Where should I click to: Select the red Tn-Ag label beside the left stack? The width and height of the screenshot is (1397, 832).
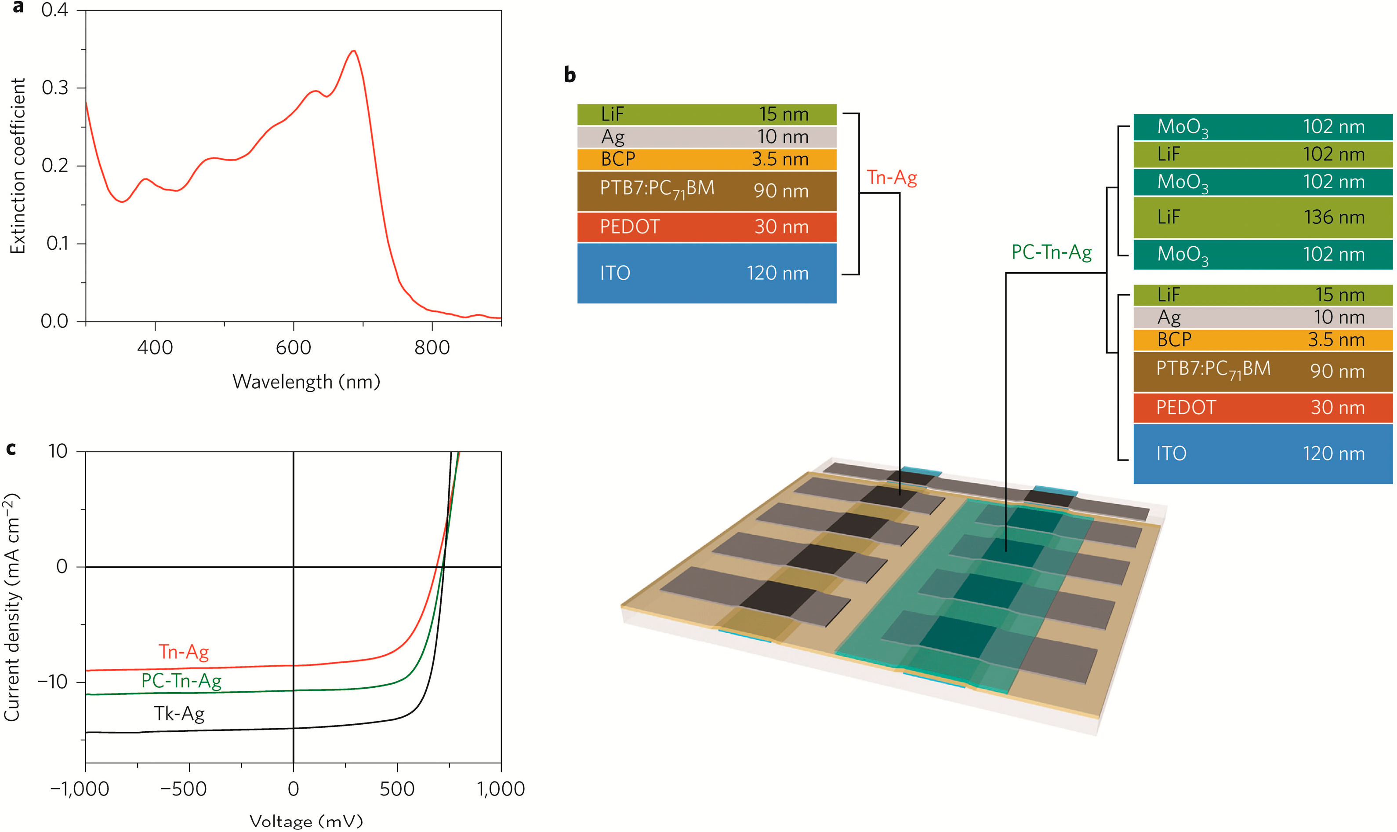click(x=891, y=178)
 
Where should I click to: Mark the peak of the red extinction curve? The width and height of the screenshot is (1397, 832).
click(x=353, y=51)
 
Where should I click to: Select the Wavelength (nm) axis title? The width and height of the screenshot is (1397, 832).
click(x=306, y=382)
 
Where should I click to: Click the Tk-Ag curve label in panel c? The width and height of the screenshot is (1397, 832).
click(x=179, y=714)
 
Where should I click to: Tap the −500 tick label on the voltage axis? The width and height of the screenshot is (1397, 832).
click(x=183, y=789)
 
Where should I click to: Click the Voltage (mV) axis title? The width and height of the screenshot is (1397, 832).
click(x=306, y=821)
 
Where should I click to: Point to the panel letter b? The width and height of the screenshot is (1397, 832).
click(x=570, y=75)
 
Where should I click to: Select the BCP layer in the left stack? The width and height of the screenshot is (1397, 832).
click(x=706, y=159)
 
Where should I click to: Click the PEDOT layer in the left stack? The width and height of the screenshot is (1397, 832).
click(x=706, y=226)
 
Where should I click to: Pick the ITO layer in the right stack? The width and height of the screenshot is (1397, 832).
click(x=1262, y=453)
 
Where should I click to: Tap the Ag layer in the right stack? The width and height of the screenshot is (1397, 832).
click(x=1262, y=317)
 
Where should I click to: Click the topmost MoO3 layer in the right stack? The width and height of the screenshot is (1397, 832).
click(x=1262, y=127)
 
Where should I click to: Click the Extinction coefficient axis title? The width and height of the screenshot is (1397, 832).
click(x=18, y=166)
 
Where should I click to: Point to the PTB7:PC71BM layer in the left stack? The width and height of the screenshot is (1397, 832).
click(x=706, y=190)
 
